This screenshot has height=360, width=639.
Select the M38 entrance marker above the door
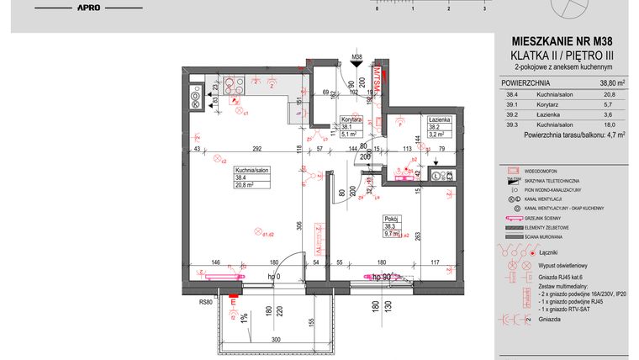click(356, 58)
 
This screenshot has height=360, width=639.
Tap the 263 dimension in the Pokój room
click(418, 236)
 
